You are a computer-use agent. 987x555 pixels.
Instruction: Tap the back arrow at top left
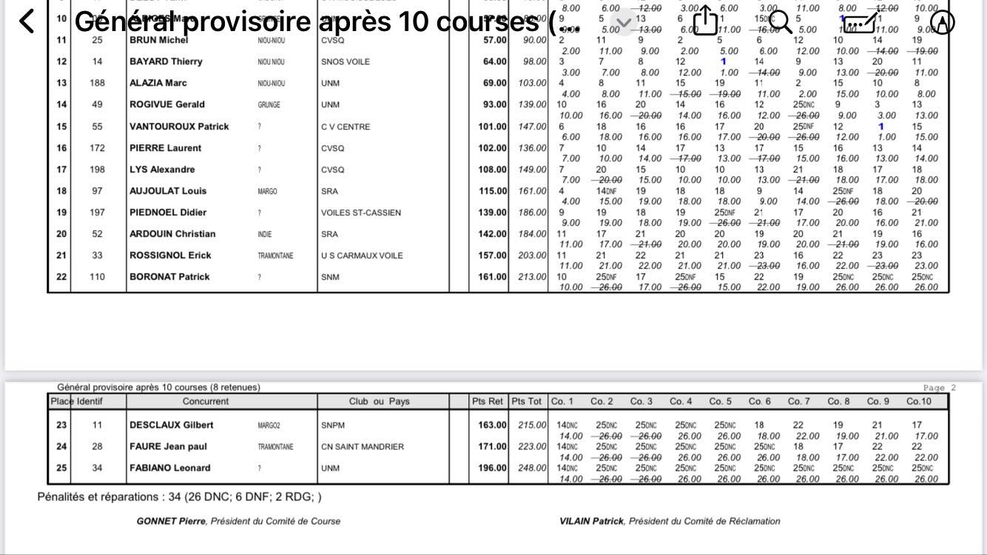pyautogui.click(x=27, y=21)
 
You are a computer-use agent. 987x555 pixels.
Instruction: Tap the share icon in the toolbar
pyautogui.click(x=705, y=21)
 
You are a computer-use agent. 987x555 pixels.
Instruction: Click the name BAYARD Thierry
pyautogui.click(x=166, y=61)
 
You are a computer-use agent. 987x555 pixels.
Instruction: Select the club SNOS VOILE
pyautogui.click(x=346, y=61)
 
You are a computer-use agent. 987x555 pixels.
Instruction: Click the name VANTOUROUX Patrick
pyautogui.click(x=179, y=127)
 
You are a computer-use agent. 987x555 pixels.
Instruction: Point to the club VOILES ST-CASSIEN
pyautogui.click(x=361, y=213)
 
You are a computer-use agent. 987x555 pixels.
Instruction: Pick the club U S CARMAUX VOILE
pyautogui.click(x=362, y=256)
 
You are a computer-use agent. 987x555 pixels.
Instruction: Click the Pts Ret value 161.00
pyautogui.click(x=490, y=277)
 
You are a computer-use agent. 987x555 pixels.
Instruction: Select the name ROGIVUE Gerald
pyautogui.click(x=167, y=105)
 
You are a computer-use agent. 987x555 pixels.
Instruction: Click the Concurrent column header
pyautogui.click(x=206, y=402)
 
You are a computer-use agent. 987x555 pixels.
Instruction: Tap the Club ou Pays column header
pyautogui.click(x=379, y=402)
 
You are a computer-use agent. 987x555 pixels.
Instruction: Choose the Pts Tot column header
pyautogui.click(x=527, y=402)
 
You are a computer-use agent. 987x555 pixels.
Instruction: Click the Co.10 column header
pyautogui.click(x=919, y=402)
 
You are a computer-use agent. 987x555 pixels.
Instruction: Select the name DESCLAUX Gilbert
pyautogui.click(x=172, y=425)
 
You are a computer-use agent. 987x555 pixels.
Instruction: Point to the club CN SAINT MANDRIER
pyautogui.click(x=363, y=447)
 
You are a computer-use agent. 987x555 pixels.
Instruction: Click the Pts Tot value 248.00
pyautogui.click(x=530, y=468)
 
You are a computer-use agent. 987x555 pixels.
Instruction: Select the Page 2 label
pyautogui.click(x=940, y=388)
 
